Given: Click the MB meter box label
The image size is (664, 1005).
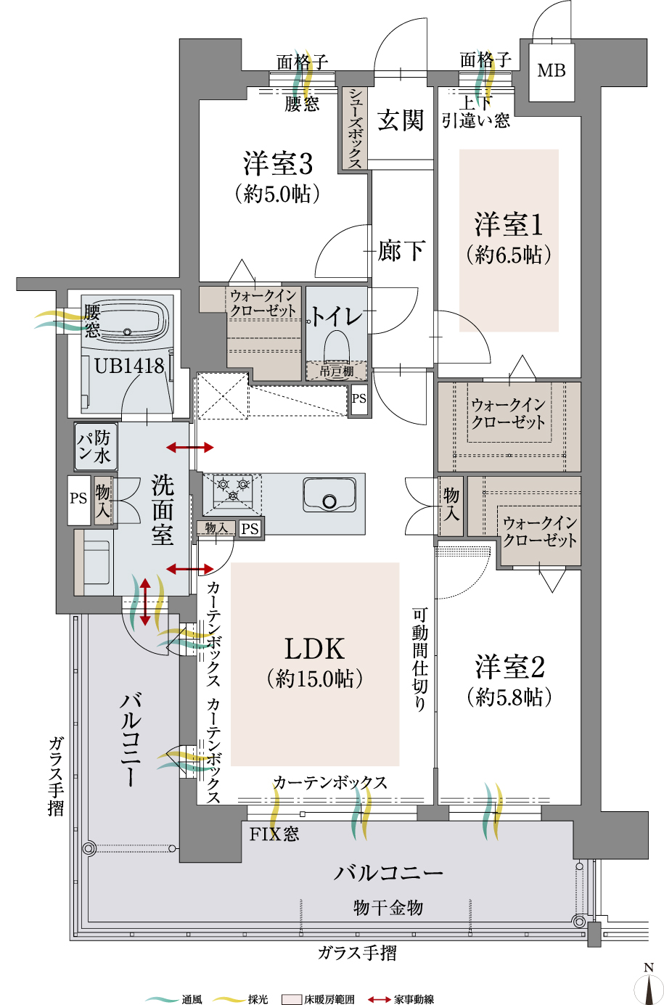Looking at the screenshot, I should pyautogui.click(x=552, y=70).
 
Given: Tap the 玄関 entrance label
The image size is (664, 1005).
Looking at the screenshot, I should pyautogui.click(x=401, y=120).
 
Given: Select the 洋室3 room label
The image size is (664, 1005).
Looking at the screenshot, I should pyautogui.click(x=278, y=164).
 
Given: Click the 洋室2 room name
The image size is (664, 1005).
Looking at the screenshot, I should pyautogui.click(x=509, y=667).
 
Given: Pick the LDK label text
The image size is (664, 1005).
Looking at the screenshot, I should pyautogui.click(x=314, y=648).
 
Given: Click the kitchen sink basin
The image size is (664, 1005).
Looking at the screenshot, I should pyautogui.click(x=329, y=495).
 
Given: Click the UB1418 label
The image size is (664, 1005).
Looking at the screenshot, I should pyautogui.click(x=129, y=366).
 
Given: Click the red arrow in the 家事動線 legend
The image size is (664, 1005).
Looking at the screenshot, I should pyautogui.click(x=380, y=999).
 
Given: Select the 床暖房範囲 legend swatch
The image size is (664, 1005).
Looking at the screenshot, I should pyautogui.click(x=291, y=999).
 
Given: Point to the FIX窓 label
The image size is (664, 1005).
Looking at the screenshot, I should pyautogui.click(x=274, y=834).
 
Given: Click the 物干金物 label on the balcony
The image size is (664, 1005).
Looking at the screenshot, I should pyautogui.click(x=388, y=907).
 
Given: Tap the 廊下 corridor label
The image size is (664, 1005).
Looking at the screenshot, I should pyautogui.click(x=401, y=251).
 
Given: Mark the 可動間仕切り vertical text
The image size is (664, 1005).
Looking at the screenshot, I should pyautogui.click(x=420, y=659).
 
